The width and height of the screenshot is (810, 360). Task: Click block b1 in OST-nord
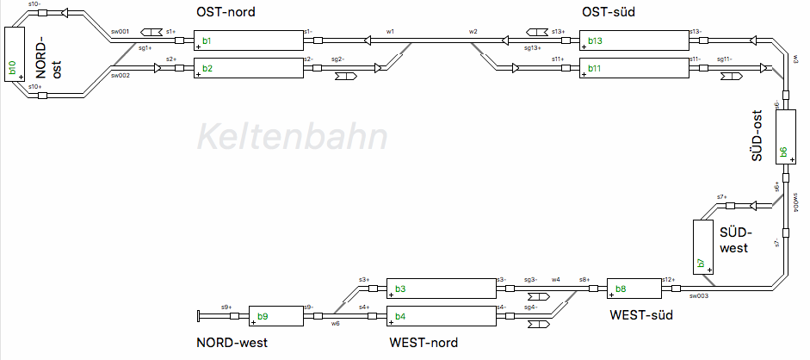pos(249,40)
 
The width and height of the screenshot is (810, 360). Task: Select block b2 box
pos(249,67)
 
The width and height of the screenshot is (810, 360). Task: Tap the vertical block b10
pos(15,54)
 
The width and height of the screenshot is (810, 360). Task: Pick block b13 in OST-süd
pos(634,40)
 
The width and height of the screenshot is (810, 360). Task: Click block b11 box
pos(634,67)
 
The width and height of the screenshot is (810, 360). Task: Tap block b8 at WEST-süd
pos(633,289)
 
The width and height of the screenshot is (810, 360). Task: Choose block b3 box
pos(441,289)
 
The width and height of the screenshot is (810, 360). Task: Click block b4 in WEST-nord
pos(441,316)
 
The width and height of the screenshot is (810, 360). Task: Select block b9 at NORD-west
pos(275,316)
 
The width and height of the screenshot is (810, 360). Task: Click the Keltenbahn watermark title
pos(291,137)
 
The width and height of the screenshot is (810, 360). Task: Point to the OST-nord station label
pos(226,12)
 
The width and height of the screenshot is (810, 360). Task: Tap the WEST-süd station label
pos(641,315)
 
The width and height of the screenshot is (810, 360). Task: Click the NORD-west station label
pos(232,343)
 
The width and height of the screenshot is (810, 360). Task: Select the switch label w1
pos(390,31)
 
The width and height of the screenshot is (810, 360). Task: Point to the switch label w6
pos(336,325)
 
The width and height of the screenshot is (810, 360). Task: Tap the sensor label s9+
pos(226,307)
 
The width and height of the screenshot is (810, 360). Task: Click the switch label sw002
pos(120,76)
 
